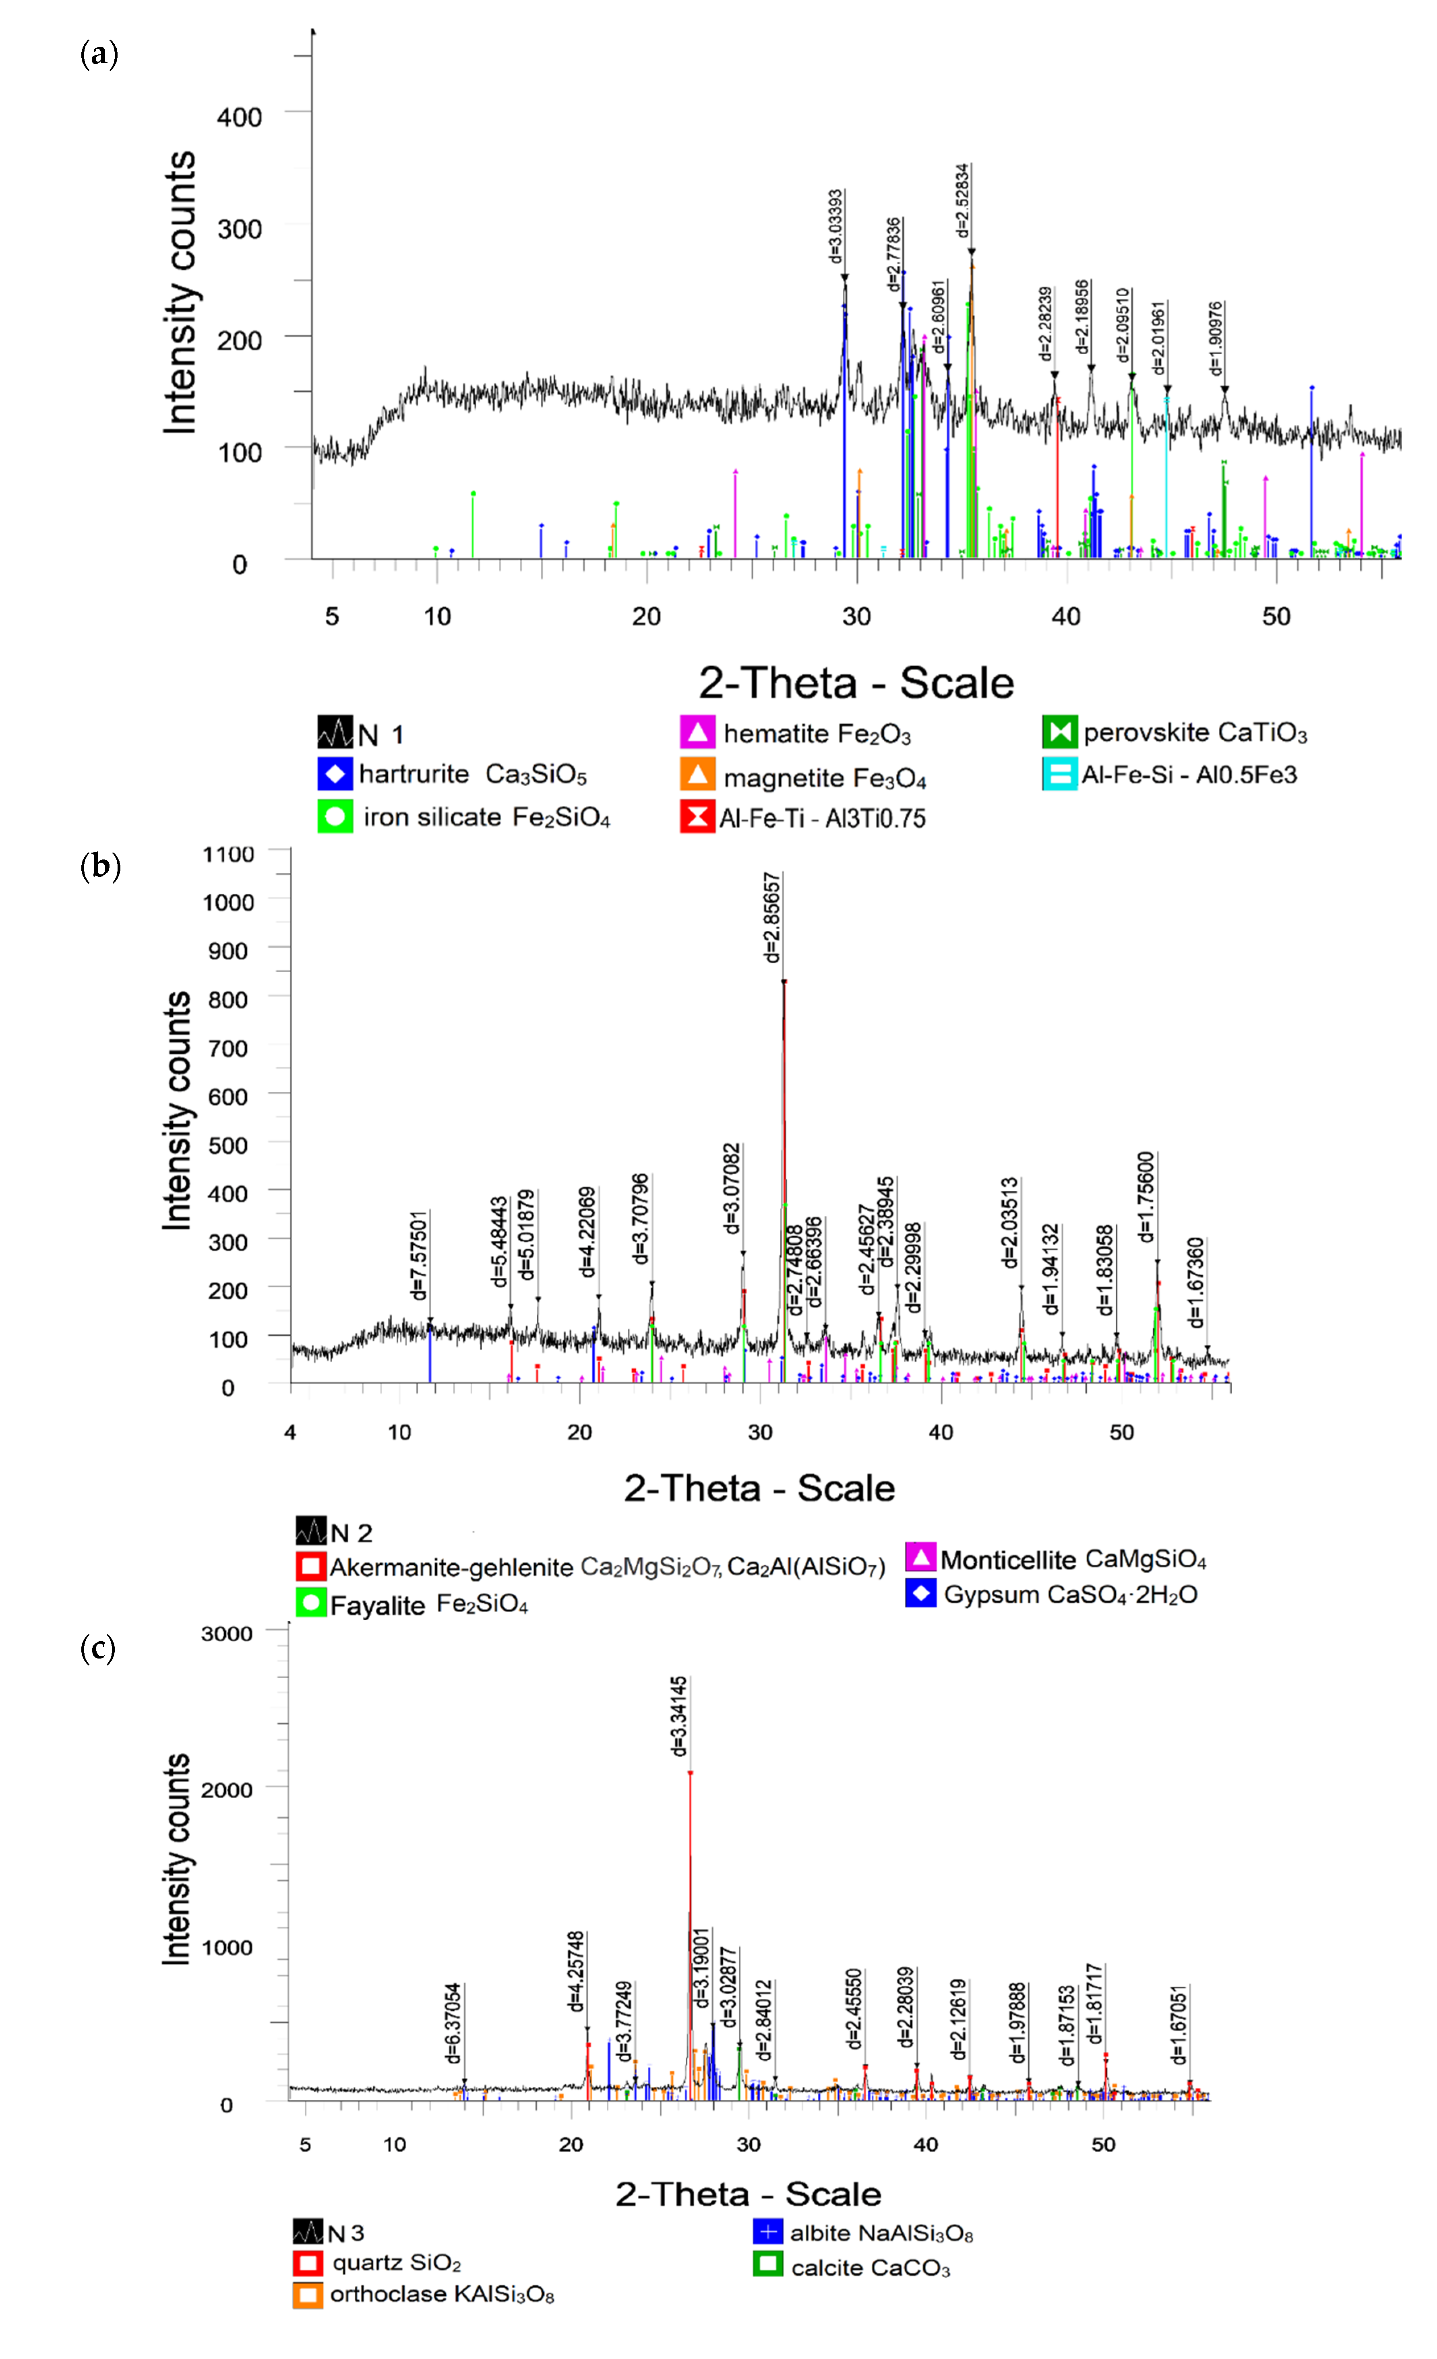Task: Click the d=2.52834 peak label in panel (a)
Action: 962,201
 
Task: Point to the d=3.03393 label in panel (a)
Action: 836,226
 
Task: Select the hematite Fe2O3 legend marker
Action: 697,733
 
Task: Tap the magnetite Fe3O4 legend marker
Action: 697,775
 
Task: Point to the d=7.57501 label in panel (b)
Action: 419,1254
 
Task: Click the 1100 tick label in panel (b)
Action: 228,854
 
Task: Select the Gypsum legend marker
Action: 920,1594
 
